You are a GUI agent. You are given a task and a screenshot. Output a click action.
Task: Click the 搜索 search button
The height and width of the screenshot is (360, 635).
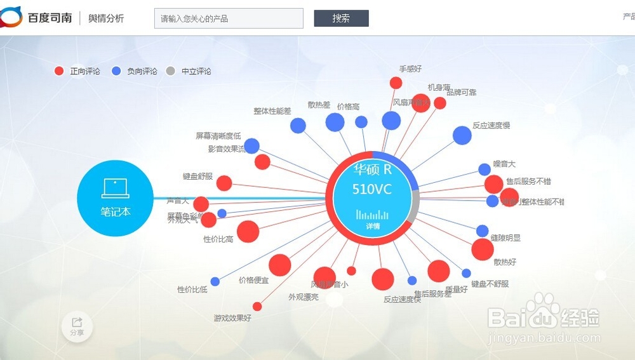point(341,18)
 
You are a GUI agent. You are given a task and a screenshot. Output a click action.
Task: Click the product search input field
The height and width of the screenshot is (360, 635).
point(229,18)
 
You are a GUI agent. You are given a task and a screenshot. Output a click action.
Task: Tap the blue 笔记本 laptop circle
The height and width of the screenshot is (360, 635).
point(115,198)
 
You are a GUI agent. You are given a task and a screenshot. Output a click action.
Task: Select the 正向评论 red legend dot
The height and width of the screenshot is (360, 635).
point(60,71)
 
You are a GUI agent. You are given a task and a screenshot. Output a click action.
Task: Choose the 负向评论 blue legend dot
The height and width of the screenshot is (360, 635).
point(116,71)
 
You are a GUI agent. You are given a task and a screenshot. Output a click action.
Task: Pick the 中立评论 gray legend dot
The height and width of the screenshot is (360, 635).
point(170,71)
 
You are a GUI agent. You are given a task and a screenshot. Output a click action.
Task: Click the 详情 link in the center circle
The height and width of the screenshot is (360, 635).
point(373,226)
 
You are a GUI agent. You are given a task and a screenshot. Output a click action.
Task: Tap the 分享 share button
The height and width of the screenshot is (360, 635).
point(77,327)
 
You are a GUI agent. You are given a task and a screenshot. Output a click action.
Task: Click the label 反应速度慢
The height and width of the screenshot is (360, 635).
point(491,126)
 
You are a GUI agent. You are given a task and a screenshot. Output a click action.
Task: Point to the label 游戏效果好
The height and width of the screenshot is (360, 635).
point(232,318)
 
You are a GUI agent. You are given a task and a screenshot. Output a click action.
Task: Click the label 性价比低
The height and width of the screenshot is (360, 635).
point(192,290)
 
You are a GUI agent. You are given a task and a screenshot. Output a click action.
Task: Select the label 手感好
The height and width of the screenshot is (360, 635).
point(410,69)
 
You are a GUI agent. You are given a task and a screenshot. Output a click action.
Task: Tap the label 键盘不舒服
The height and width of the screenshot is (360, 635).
point(490,284)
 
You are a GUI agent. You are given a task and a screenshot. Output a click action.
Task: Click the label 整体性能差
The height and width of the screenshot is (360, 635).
point(272,111)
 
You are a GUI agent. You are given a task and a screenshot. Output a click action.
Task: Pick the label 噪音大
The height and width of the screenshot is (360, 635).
point(504,164)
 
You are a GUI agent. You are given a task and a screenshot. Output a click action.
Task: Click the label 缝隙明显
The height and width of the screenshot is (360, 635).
point(505,237)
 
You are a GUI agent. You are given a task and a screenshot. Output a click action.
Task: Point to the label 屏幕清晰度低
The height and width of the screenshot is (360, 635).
point(218,136)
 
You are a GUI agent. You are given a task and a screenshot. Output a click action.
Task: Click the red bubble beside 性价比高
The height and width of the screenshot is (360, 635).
point(248,231)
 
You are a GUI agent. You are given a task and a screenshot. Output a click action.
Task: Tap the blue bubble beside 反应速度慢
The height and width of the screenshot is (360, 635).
point(462,135)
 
